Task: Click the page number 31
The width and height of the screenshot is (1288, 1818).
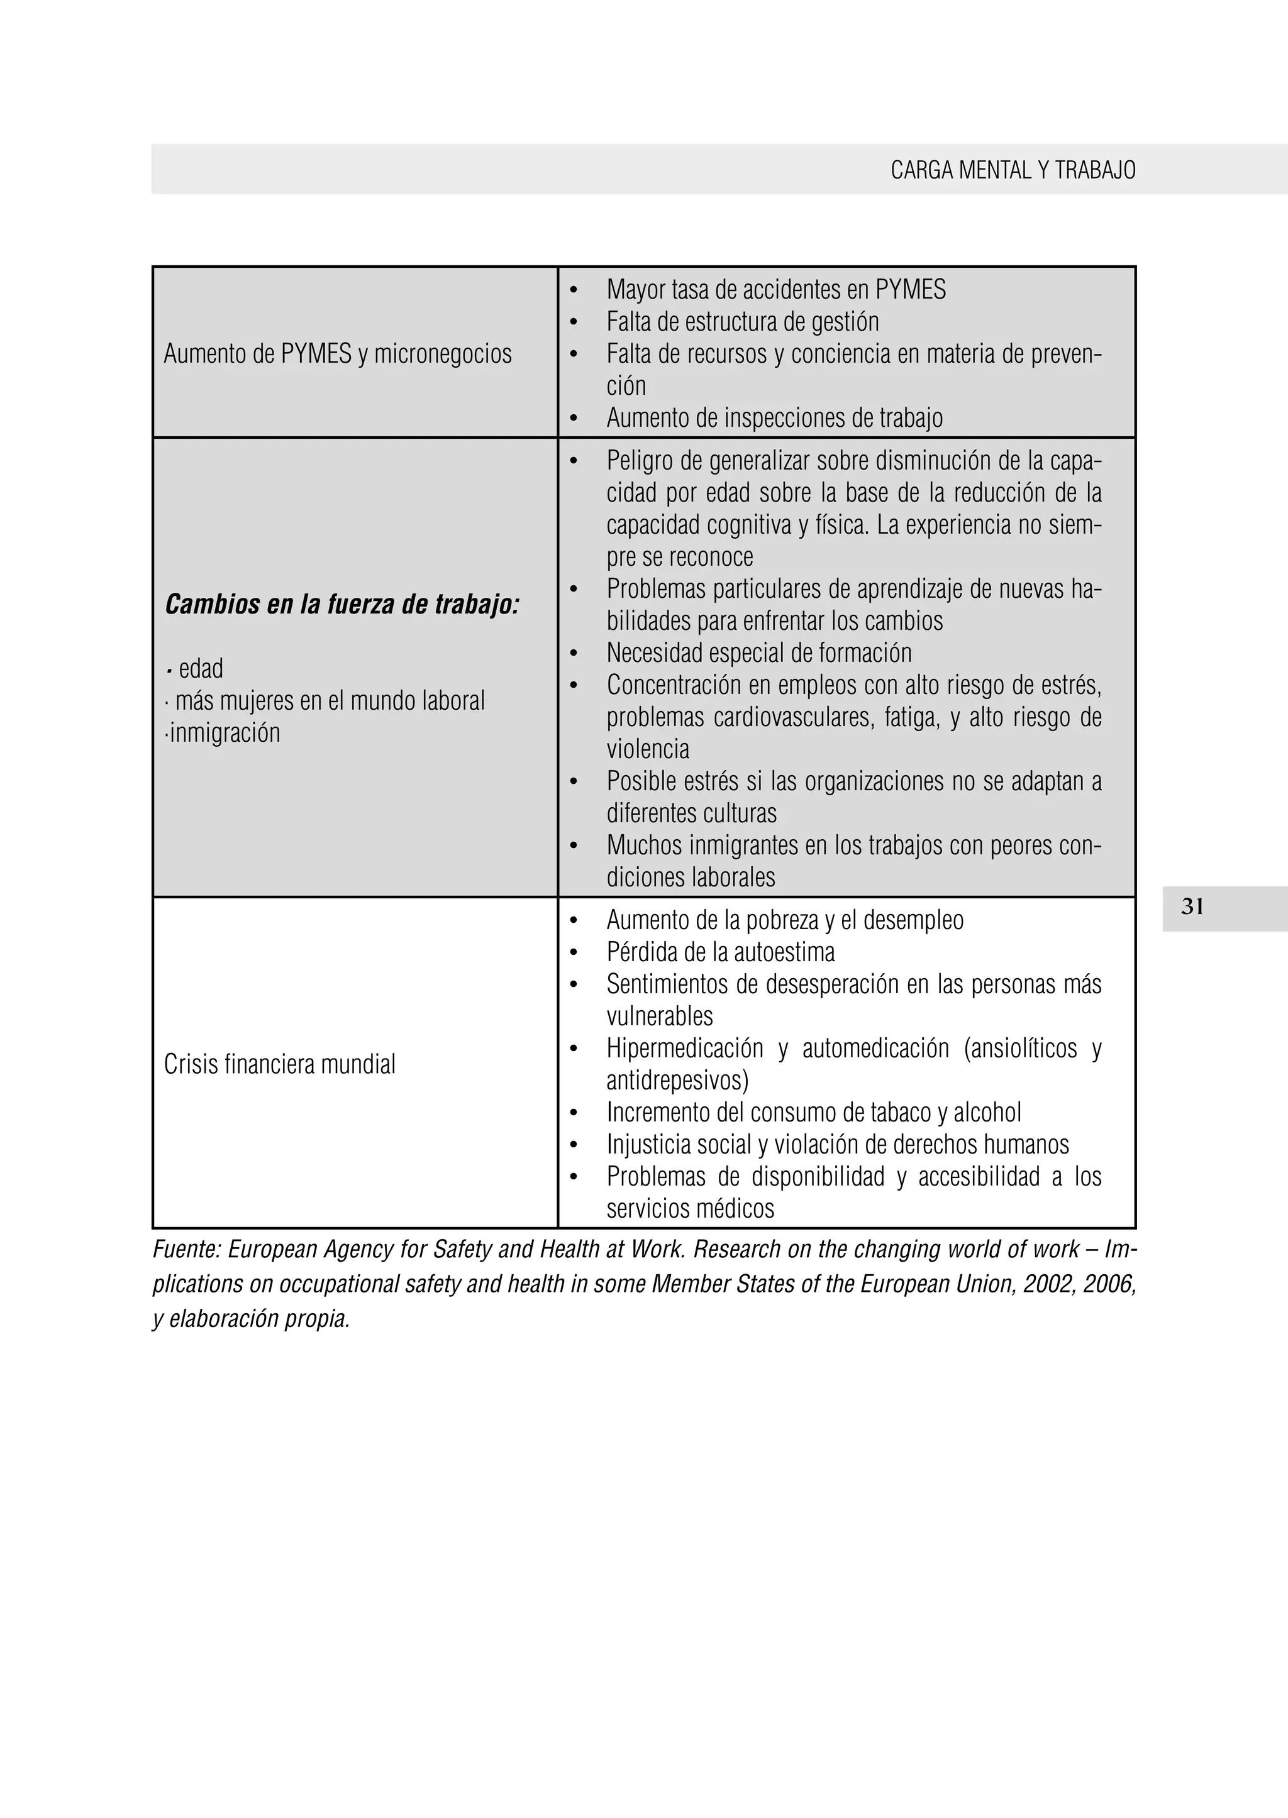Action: (x=1192, y=907)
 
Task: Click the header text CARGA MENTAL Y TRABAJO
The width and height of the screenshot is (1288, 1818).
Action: (x=1013, y=170)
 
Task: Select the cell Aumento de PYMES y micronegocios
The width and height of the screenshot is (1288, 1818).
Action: (x=338, y=354)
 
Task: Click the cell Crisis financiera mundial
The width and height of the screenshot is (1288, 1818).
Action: (x=279, y=1064)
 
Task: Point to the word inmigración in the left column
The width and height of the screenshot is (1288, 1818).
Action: (x=225, y=732)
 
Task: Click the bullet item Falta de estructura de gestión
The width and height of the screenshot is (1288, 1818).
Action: (x=742, y=322)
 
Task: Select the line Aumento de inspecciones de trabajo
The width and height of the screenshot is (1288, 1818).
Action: (x=774, y=418)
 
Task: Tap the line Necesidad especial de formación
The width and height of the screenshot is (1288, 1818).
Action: (x=759, y=653)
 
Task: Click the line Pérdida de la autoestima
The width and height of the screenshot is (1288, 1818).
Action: (x=720, y=952)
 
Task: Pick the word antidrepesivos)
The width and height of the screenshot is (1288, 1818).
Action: (x=677, y=1081)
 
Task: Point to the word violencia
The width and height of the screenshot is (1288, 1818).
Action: (x=648, y=749)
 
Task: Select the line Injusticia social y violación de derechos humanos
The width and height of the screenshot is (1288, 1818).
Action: (x=838, y=1145)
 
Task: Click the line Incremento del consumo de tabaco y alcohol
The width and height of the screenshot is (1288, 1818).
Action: (x=814, y=1113)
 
